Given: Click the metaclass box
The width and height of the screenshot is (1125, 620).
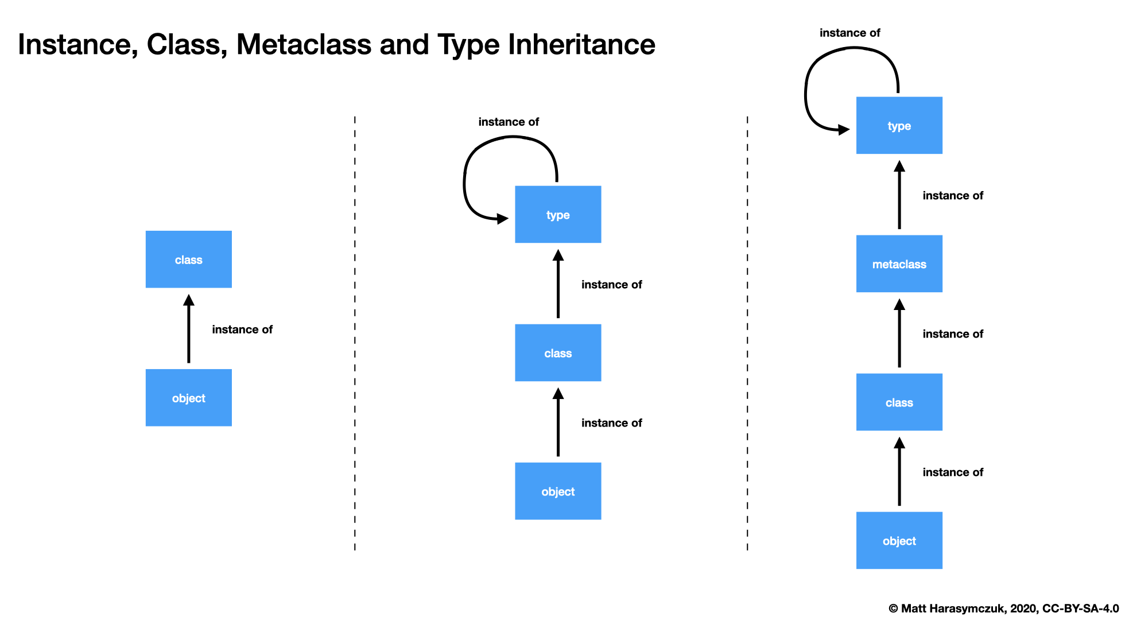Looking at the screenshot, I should [899, 263].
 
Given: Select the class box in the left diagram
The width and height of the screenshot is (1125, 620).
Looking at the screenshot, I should [188, 259].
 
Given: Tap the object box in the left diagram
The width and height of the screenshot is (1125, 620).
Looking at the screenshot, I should [188, 398].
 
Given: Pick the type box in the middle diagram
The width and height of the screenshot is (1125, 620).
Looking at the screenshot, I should [558, 215].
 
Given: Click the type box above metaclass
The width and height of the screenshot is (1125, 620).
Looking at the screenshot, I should [899, 126].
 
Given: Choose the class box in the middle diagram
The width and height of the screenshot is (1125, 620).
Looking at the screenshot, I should [558, 353].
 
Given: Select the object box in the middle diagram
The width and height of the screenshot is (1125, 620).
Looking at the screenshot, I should [558, 491].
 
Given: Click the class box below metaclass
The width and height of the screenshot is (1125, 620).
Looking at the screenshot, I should [899, 402].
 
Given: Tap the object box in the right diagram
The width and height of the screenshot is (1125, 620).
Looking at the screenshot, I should [899, 541].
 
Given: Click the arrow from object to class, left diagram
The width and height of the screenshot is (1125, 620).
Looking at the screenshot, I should [188, 330].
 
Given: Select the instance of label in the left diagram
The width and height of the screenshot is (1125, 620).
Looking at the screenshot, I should [242, 330].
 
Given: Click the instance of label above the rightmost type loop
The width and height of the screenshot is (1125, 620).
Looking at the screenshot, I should [849, 33].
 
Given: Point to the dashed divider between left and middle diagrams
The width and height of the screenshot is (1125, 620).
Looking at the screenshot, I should [355, 333].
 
